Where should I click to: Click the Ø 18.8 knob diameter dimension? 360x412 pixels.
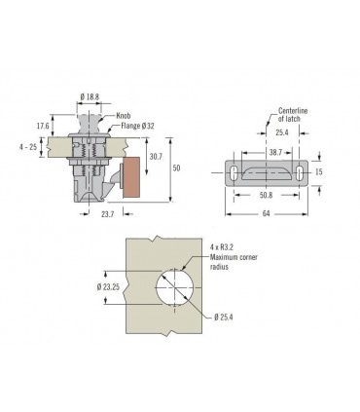90,96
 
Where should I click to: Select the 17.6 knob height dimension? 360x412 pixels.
43,126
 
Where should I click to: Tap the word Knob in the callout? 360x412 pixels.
124,116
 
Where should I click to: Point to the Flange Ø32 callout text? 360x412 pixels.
137,126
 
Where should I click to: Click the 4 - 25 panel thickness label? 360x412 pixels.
28,147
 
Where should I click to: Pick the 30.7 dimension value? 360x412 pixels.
156,157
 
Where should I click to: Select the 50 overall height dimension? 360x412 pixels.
176,168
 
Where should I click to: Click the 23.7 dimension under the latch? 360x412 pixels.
107,214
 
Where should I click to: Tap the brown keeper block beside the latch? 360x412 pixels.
131,177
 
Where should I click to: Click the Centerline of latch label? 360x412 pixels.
293,115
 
